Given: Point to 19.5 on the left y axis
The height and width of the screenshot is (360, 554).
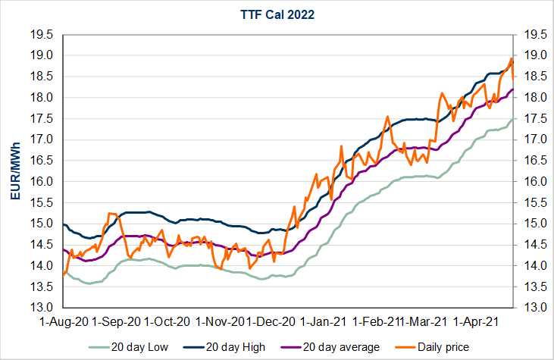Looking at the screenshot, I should click(42, 35).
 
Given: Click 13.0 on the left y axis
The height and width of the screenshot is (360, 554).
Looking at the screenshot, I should click(42, 308).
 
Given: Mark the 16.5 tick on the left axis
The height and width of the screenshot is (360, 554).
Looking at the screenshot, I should click(42, 161).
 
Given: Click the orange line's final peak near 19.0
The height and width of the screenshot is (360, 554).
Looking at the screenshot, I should click(512, 58).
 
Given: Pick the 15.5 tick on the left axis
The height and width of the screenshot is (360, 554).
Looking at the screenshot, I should click(42, 203).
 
